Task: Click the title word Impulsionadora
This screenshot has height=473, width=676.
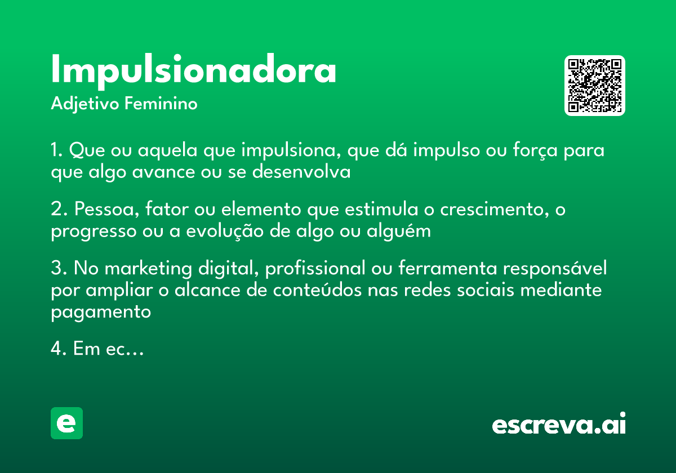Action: click(x=193, y=70)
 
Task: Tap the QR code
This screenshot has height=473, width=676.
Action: click(x=595, y=86)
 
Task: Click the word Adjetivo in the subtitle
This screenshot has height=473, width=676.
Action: click(x=84, y=104)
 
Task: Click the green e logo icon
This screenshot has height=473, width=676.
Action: click(x=66, y=423)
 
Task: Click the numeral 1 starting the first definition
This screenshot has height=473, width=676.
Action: click(x=55, y=151)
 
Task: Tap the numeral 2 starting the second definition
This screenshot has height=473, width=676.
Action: click(x=56, y=210)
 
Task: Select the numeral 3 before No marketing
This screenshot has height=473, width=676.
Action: click(x=56, y=269)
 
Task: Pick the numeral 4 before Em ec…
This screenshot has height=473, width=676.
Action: click(x=56, y=349)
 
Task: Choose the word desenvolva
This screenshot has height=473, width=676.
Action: click(x=301, y=172)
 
